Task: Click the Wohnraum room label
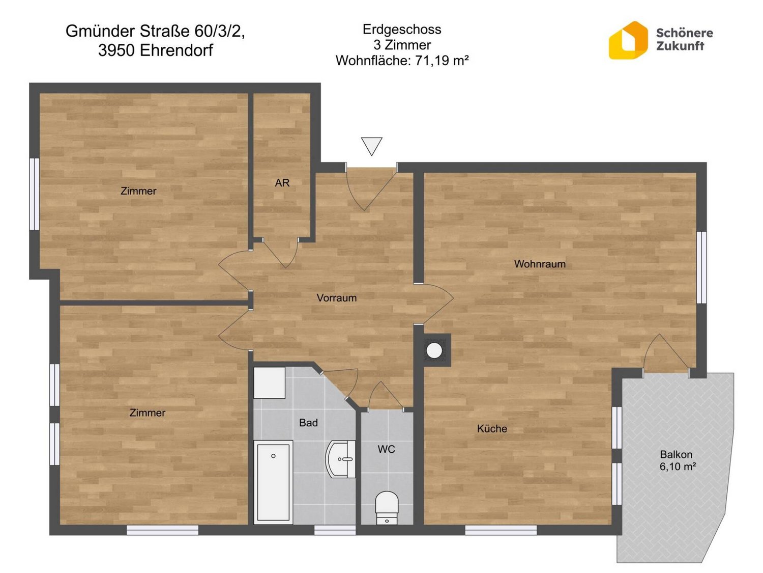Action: [x=540, y=264]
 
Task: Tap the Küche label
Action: [x=491, y=429]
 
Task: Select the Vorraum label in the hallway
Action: [x=337, y=298]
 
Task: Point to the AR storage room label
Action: [x=282, y=183]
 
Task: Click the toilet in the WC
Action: [x=387, y=508]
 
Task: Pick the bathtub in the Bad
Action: [x=273, y=482]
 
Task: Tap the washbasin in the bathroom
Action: [x=340, y=459]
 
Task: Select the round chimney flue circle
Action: [x=434, y=351]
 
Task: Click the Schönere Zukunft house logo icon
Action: [x=628, y=40]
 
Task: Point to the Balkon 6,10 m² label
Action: [x=677, y=460]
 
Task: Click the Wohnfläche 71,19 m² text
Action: [x=402, y=61]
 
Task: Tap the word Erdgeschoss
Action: [x=402, y=29]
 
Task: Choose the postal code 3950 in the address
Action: [x=116, y=50]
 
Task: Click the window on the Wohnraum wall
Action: [x=701, y=267]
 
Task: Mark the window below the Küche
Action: [x=501, y=530]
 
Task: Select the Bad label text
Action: [x=308, y=423]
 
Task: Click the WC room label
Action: [x=386, y=449]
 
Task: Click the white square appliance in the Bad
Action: [x=270, y=383]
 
